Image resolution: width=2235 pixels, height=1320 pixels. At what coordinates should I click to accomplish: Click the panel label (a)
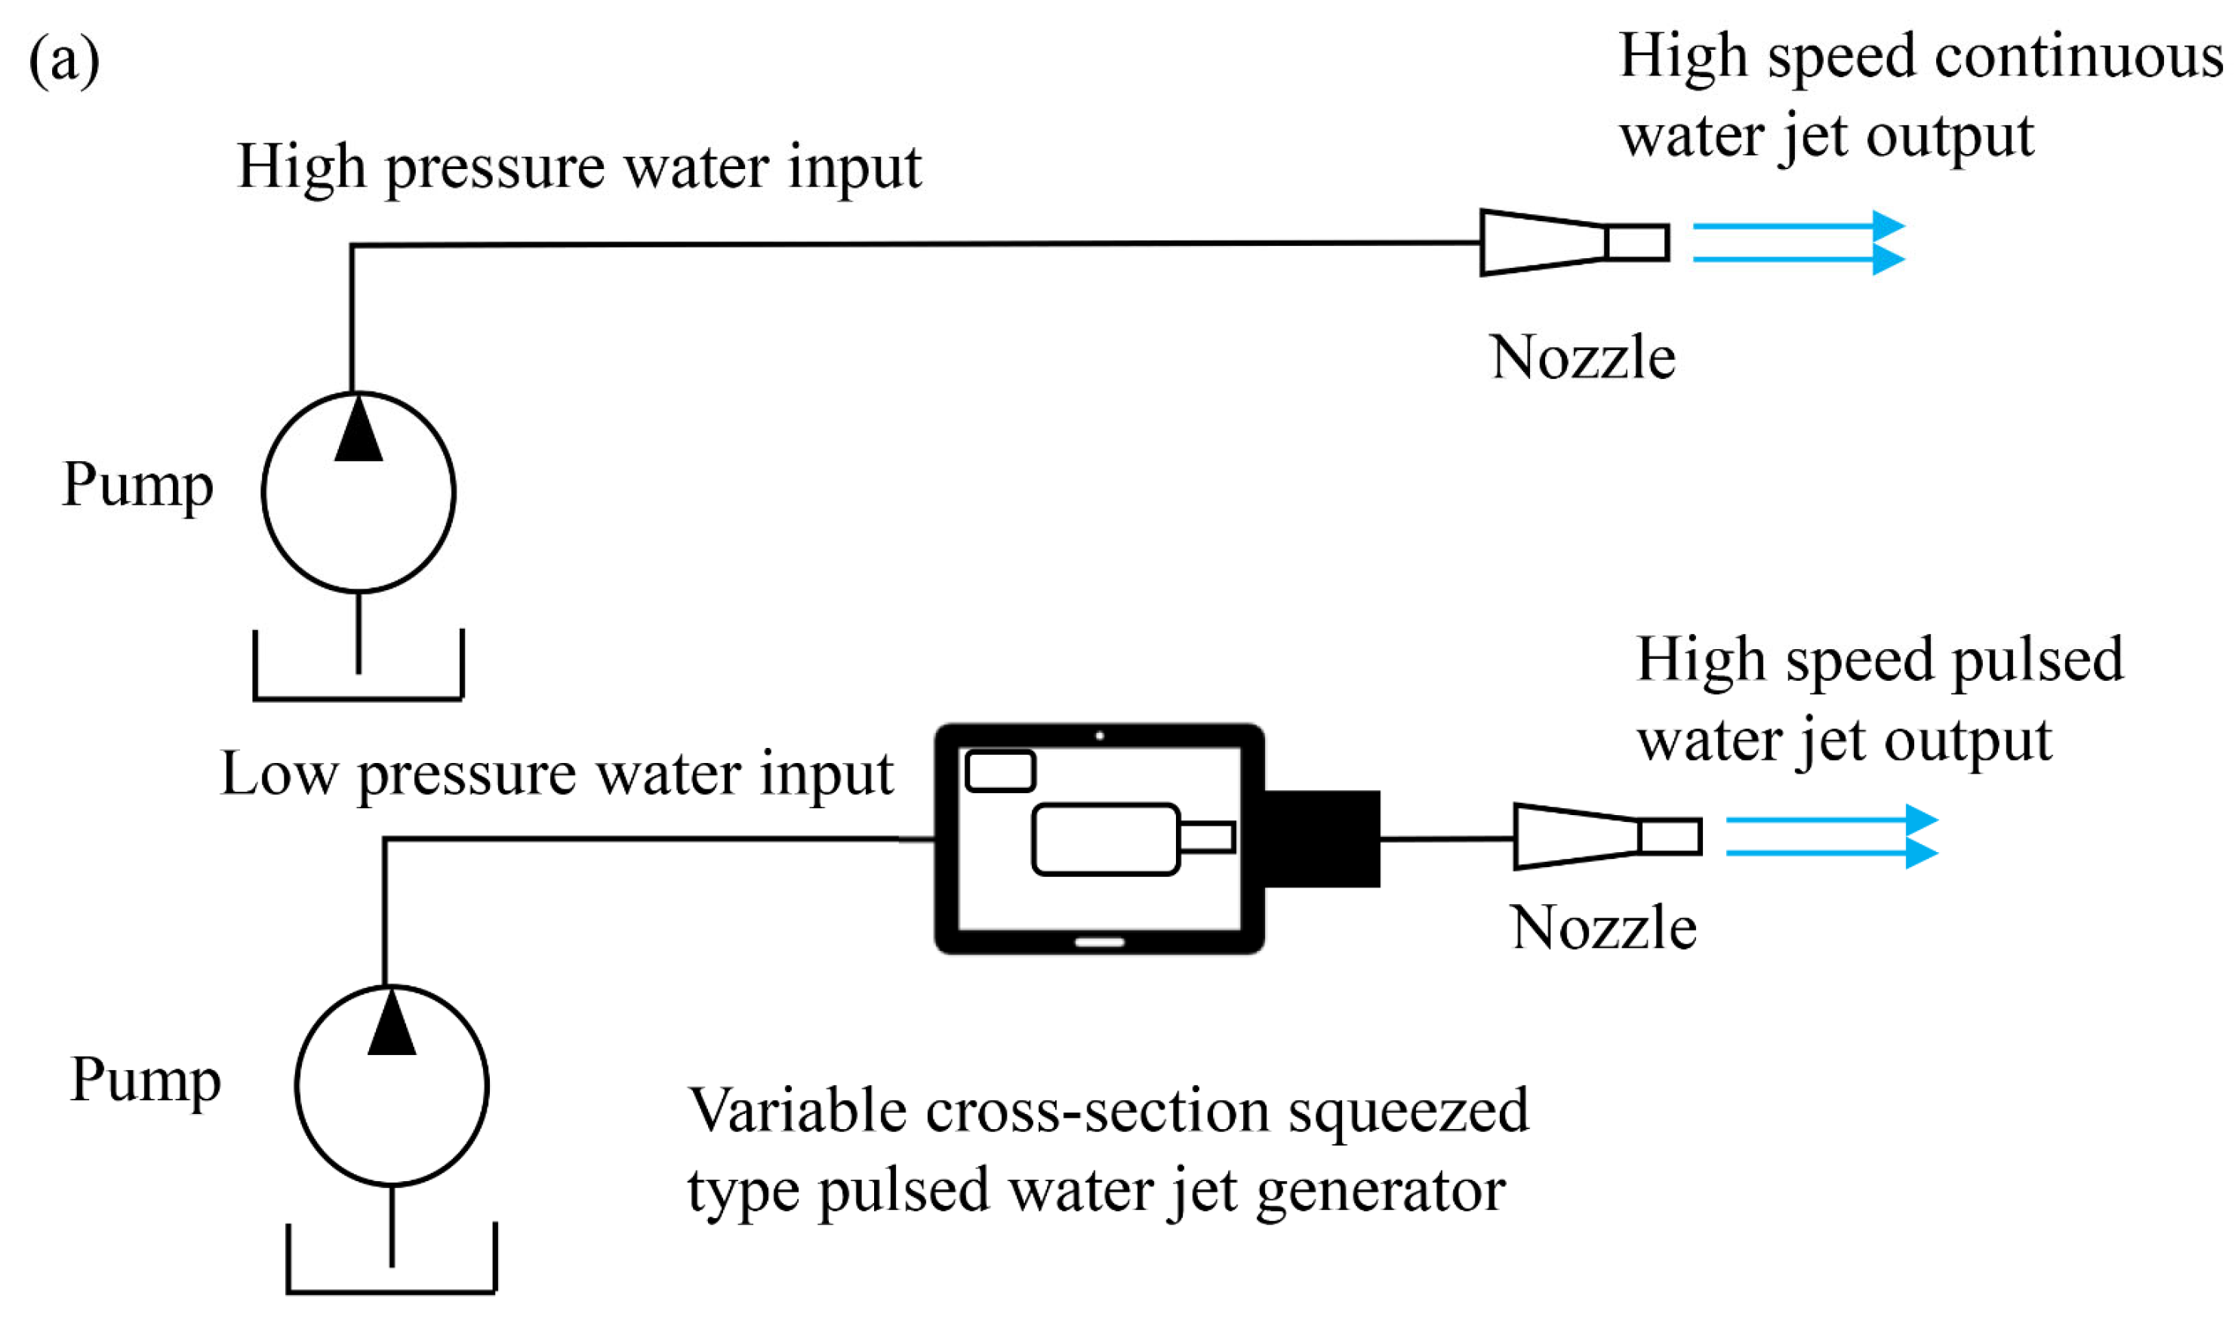(64, 60)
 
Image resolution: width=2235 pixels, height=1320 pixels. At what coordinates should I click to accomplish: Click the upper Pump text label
(138, 486)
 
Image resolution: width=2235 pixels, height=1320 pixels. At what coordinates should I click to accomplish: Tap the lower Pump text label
(145, 1080)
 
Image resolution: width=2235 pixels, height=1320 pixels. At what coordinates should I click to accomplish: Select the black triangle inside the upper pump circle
(359, 432)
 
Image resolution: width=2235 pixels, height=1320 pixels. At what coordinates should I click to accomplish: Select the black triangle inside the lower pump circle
(391, 1026)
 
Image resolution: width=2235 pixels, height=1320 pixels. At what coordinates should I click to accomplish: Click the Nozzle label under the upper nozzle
(1582, 358)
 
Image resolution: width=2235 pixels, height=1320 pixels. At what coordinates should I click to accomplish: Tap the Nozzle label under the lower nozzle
(1603, 928)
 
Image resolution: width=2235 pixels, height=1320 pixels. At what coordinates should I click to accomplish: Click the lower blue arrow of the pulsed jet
(1832, 853)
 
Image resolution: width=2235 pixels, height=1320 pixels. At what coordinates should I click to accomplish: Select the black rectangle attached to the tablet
(1322, 838)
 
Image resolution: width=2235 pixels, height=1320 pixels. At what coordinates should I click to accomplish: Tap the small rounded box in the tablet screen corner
(1001, 771)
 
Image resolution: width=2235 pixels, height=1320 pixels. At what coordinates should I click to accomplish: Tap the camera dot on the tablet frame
(1101, 736)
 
